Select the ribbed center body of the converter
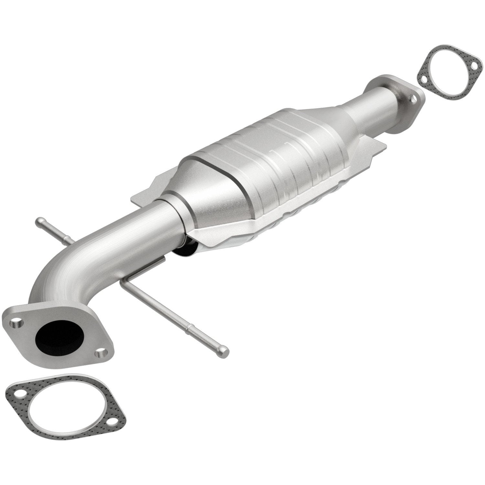[x=275, y=155]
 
